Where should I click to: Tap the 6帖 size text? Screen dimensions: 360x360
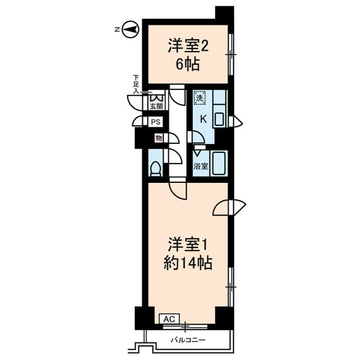(x=188, y=64)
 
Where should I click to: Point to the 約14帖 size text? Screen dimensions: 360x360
(x=188, y=262)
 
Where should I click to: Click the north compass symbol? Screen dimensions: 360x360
(x=130, y=29)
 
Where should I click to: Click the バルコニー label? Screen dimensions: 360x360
(x=187, y=340)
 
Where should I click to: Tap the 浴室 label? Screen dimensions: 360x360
(x=201, y=166)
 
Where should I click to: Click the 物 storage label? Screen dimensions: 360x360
(x=159, y=138)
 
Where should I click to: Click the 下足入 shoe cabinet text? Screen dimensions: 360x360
(x=136, y=83)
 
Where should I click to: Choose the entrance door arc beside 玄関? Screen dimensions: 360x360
(x=137, y=102)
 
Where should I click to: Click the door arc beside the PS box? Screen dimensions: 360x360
(x=138, y=121)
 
